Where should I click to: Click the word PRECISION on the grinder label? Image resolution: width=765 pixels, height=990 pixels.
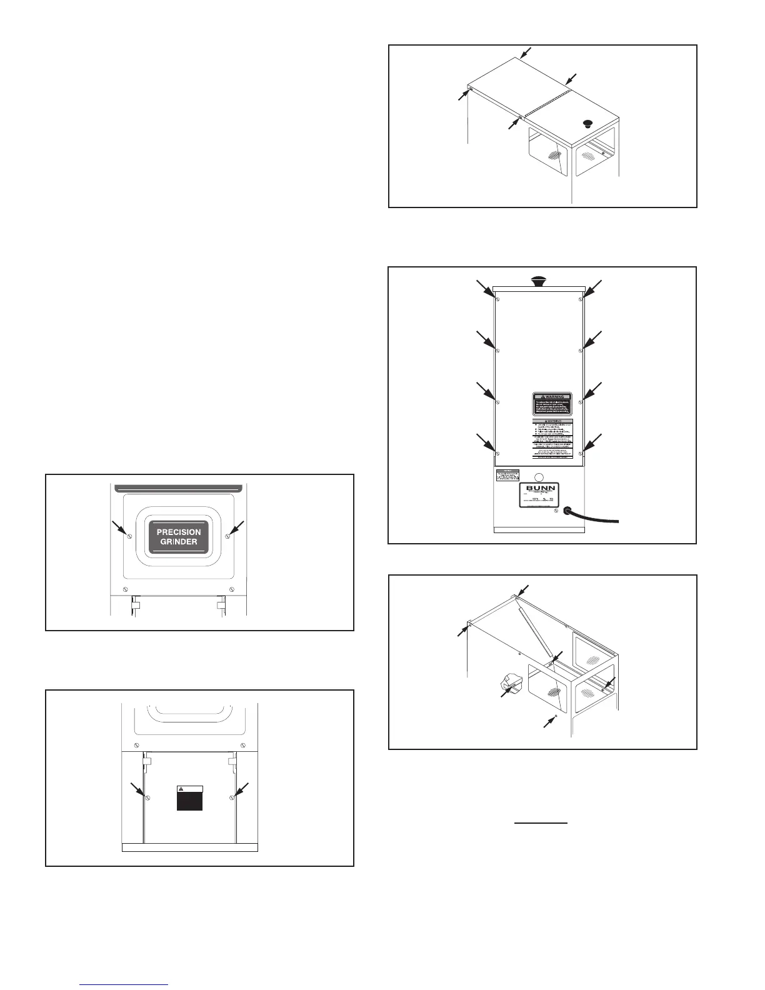[x=179, y=532]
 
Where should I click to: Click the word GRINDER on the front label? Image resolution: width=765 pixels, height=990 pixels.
[x=179, y=542]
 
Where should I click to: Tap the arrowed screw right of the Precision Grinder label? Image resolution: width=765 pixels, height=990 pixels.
[x=228, y=536]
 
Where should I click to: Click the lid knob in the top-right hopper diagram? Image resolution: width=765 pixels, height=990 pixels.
[x=587, y=122]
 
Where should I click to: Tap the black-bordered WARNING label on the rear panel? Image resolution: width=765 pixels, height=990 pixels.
[x=552, y=404]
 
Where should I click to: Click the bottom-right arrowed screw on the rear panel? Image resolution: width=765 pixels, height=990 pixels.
[x=581, y=452]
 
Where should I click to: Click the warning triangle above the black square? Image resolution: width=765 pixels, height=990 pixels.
[x=181, y=789]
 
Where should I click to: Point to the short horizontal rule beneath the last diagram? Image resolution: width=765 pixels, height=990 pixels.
[x=541, y=824]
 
